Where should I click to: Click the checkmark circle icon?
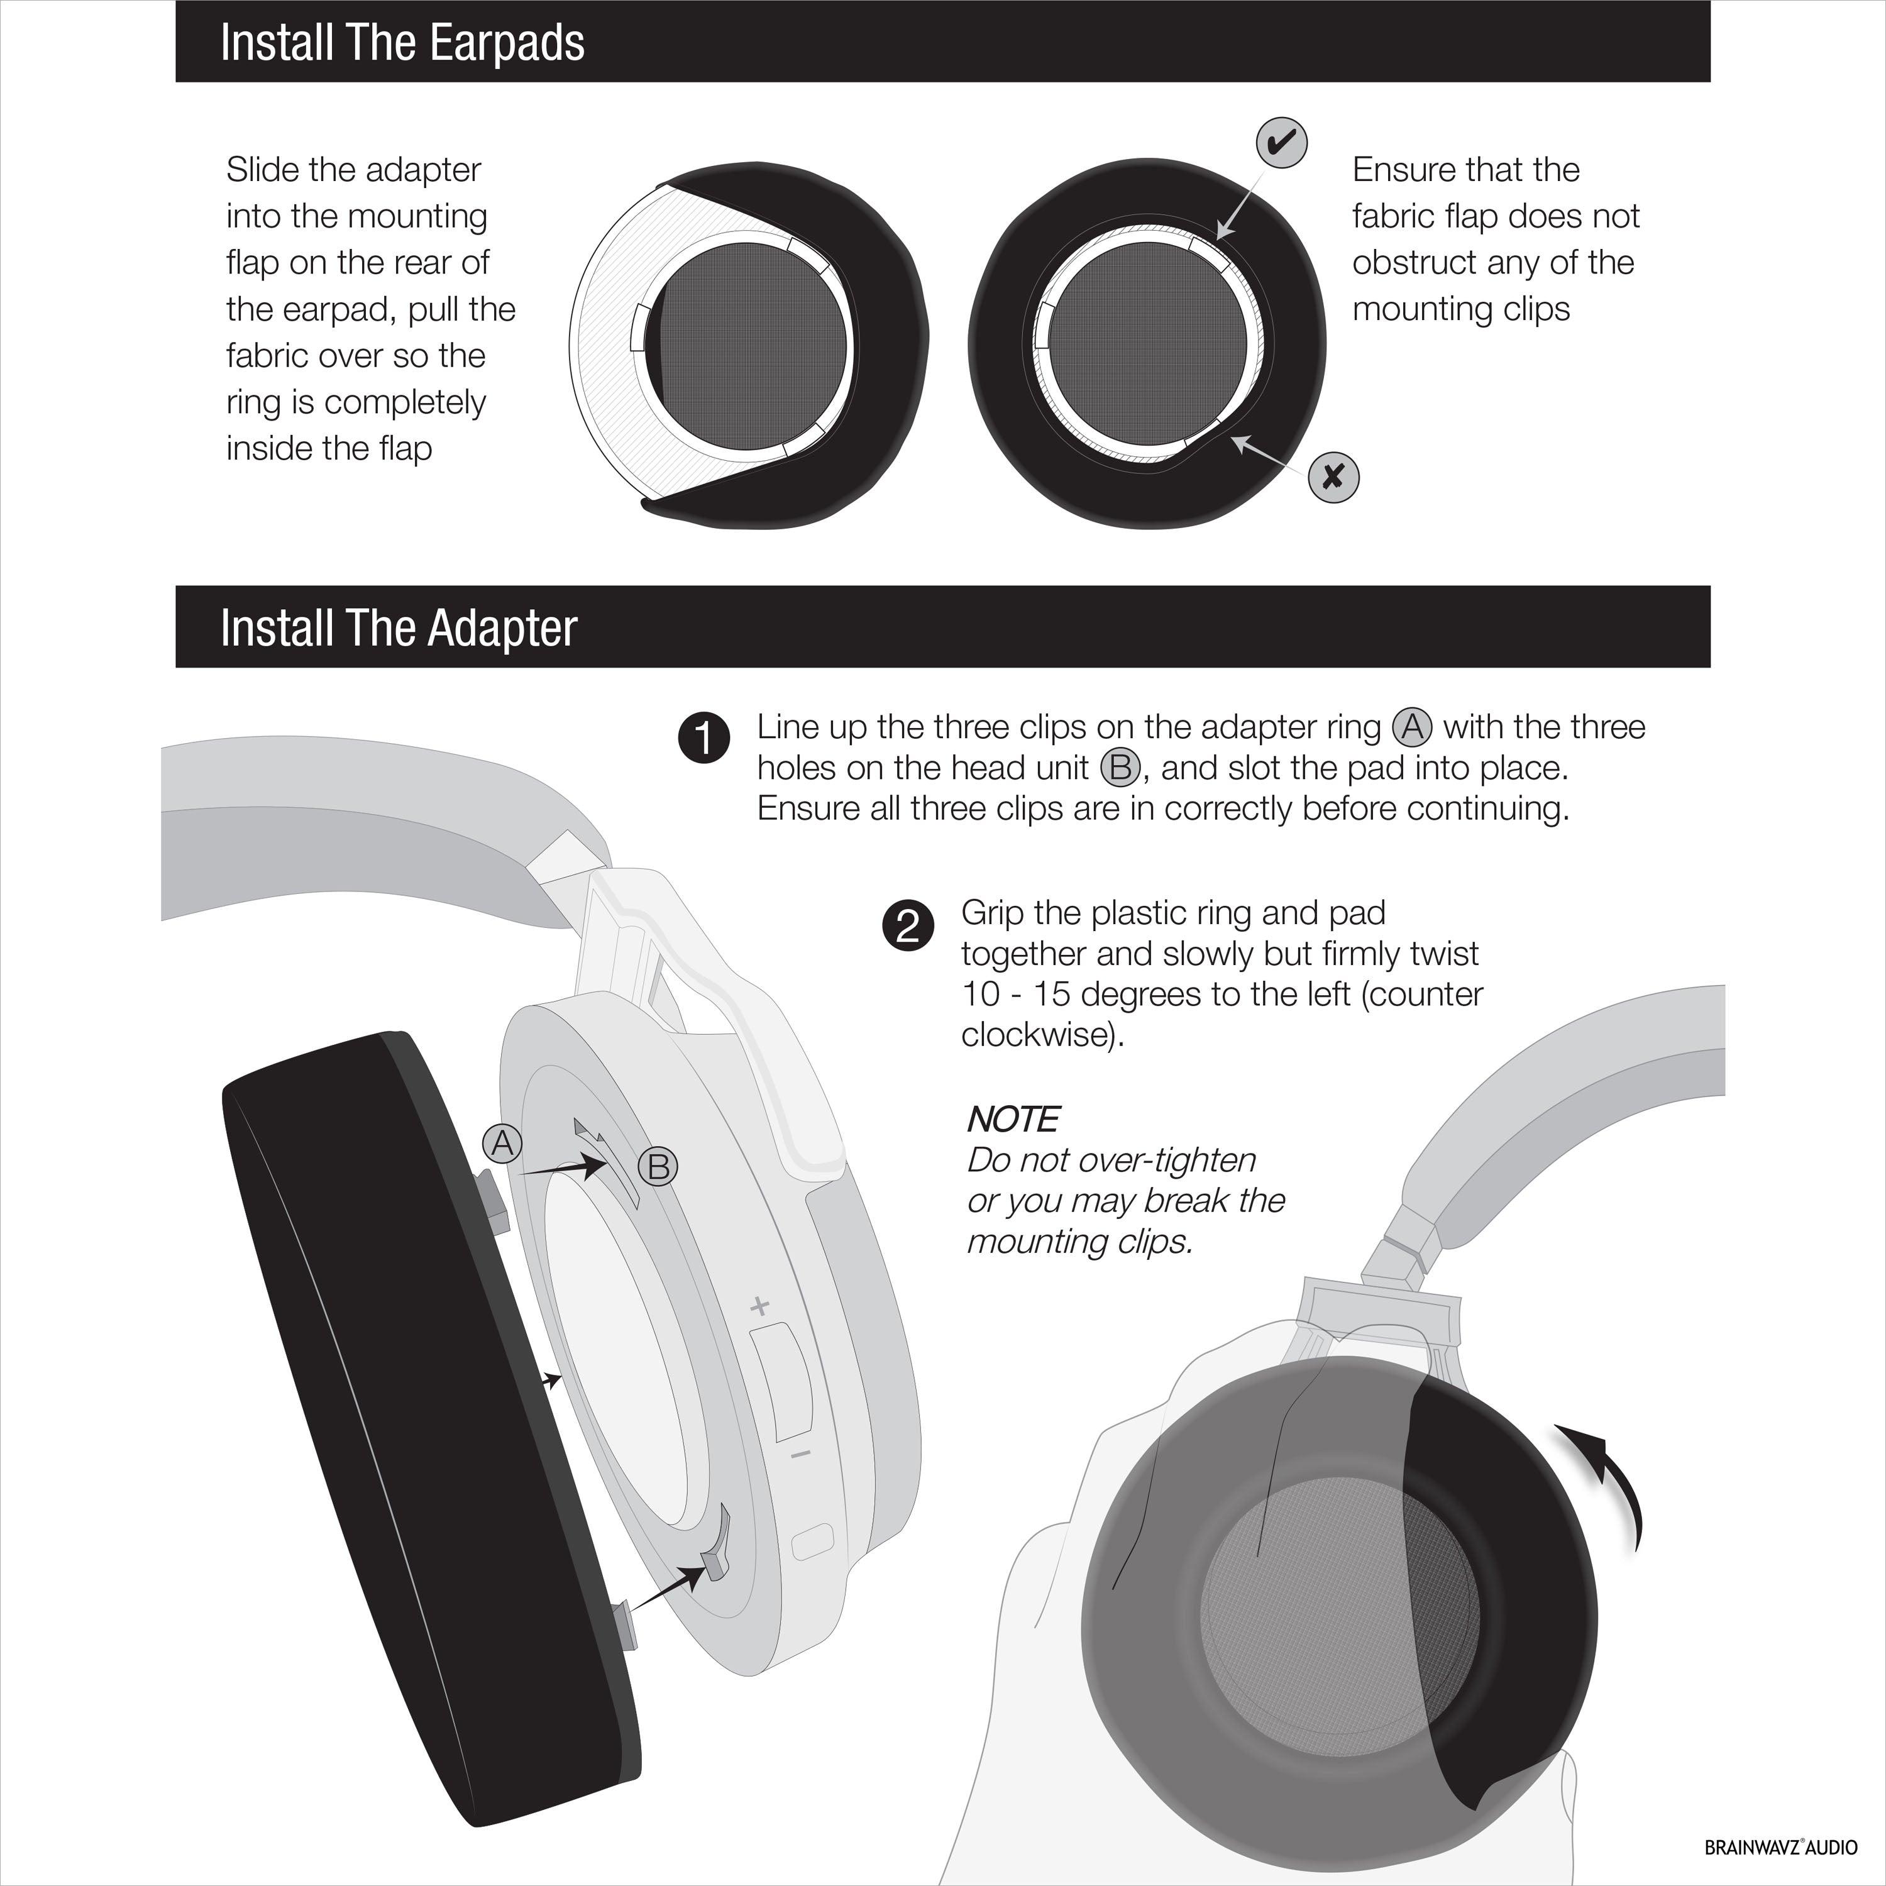click(x=1281, y=143)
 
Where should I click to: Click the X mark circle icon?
click(x=1333, y=477)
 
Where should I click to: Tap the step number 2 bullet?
click(x=908, y=924)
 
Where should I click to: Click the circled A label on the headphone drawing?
click(x=503, y=1142)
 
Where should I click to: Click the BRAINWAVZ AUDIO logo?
click(x=1780, y=1847)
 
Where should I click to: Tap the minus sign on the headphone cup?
click(x=800, y=1455)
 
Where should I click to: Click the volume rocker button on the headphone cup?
click(x=783, y=1381)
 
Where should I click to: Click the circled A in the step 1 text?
click(x=1411, y=726)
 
